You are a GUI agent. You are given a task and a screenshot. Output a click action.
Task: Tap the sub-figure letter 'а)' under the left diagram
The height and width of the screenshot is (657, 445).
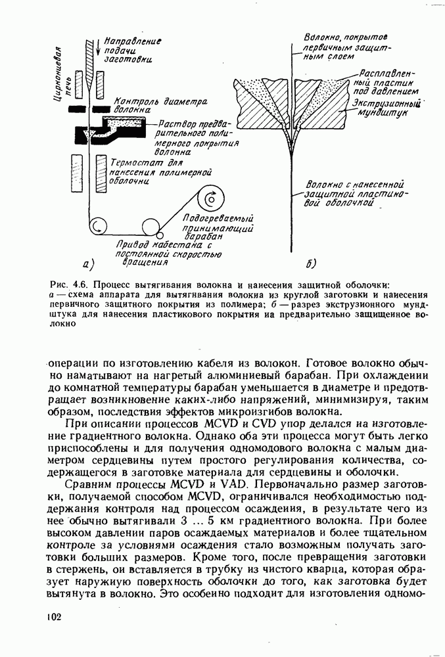pyautogui.click(x=90, y=265)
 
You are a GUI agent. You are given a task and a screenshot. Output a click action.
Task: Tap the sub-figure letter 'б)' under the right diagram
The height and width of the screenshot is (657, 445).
pyautogui.click(x=311, y=265)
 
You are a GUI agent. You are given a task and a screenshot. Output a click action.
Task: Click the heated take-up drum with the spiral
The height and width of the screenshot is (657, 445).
pyautogui.click(x=212, y=198)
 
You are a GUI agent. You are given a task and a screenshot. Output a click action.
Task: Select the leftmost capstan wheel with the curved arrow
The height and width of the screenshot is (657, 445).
pyautogui.click(x=99, y=227)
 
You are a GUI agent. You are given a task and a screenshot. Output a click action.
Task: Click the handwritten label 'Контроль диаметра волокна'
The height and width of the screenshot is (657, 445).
pyautogui.click(x=159, y=106)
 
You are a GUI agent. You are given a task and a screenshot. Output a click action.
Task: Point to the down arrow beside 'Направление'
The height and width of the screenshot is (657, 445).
pyautogui.click(x=99, y=48)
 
